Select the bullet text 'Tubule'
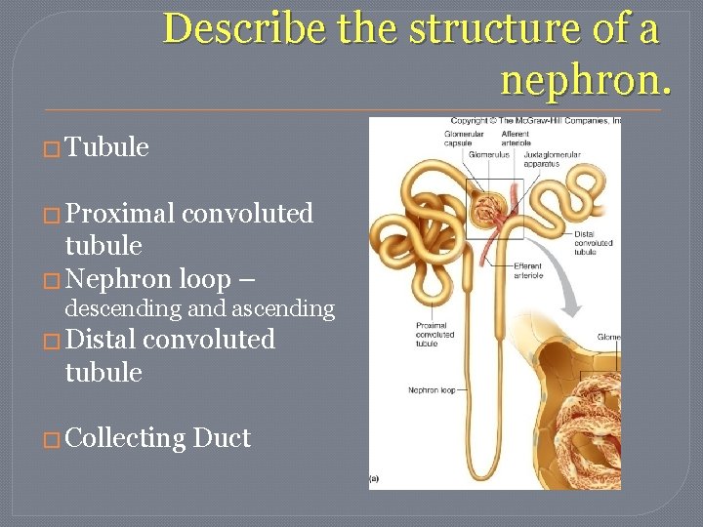(106, 147)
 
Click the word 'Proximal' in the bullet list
(120, 213)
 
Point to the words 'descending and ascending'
(199, 308)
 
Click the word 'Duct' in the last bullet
(222, 438)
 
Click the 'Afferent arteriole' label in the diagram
(516, 138)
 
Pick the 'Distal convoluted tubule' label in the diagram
(593, 242)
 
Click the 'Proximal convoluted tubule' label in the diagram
(432, 333)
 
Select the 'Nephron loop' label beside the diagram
(432, 390)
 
